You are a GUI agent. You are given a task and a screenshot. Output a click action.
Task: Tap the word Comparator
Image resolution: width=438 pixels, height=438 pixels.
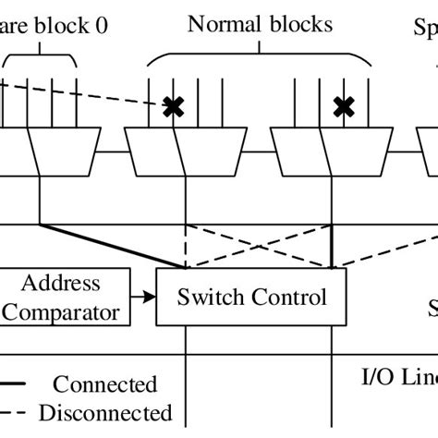click(60, 312)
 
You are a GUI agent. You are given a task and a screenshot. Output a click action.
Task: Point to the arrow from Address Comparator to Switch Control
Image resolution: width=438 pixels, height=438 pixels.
click(143, 298)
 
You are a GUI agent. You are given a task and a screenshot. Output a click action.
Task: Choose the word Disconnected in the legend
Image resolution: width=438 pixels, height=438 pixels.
click(112, 412)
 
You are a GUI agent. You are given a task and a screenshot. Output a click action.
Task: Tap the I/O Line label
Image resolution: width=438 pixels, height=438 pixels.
click(397, 377)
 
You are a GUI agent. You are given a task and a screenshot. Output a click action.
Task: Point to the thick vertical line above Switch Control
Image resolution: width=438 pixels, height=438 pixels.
click(332, 245)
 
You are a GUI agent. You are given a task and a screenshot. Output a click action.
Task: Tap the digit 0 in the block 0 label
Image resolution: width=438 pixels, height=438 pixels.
click(100, 26)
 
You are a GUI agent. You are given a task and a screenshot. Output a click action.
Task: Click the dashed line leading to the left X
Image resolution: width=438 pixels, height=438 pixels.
click(83, 96)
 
